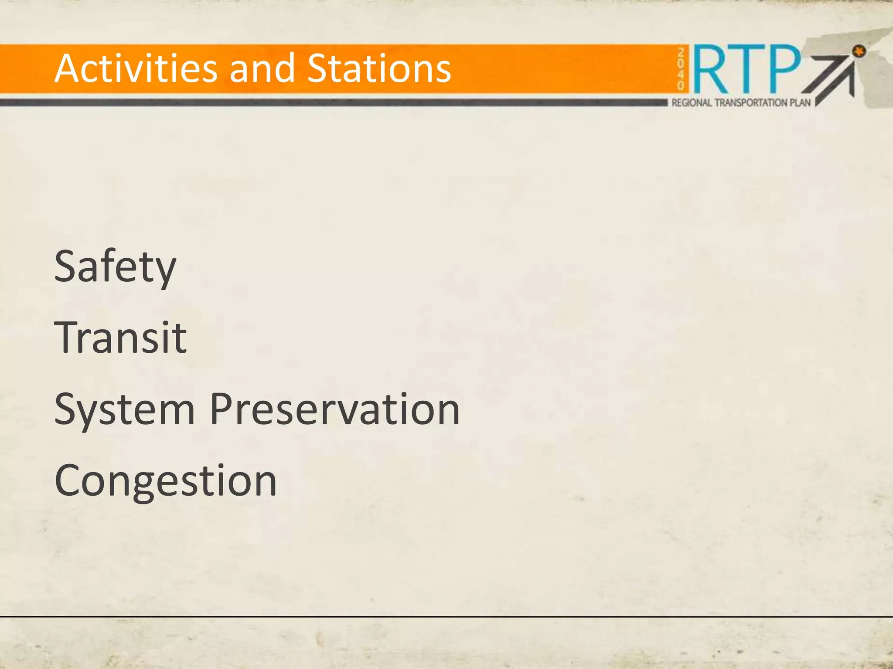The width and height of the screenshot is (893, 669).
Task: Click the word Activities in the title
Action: pyautogui.click(x=135, y=68)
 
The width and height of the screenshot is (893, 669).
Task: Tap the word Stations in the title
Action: pyautogui.click(x=379, y=68)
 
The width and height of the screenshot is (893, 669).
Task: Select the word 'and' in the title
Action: pyautogui.click(x=262, y=68)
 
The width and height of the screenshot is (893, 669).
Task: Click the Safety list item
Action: pyautogui.click(x=115, y=267)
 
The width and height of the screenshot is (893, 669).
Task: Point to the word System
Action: pyautogui.click(x=124, y=409)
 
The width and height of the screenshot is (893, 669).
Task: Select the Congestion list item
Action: pyautogui.click(x=166, y=481)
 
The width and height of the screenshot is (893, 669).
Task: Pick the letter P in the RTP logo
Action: pyautogui.click(x=785, y=68)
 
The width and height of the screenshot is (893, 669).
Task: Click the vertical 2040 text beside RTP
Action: pyautogui.click(x=681, y=69)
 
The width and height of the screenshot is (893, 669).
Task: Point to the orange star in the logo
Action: pyautogui.click(x=859, y=51)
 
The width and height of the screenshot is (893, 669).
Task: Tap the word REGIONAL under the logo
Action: pyautogui.click(x=692, y=103)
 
